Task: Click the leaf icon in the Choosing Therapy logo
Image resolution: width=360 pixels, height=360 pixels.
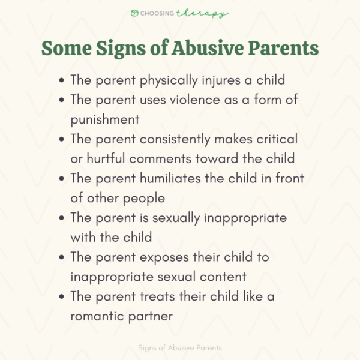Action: click(x=136, y=13)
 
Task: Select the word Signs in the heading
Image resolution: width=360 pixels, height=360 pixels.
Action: click(x=128, y=49)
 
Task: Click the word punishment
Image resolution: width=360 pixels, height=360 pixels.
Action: click(x=105, y=119)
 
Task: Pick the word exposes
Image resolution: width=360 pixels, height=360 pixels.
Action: click(x=160, y=257)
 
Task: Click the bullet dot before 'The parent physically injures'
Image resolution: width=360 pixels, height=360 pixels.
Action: click(x=62, y=80)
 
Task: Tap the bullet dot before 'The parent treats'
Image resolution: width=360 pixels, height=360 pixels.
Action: click(x=62, y=296)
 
